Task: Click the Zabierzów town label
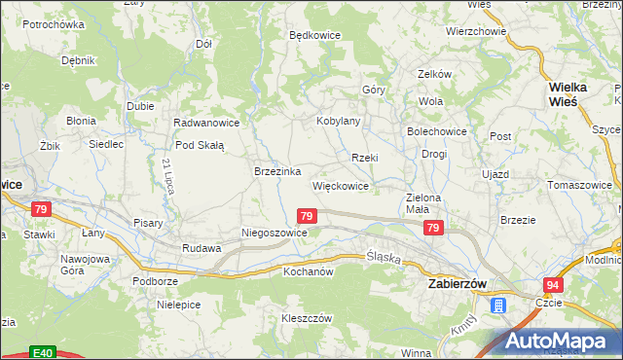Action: pos(458,283)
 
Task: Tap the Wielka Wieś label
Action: pos(563,93)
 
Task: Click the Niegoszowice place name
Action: pos(275,234)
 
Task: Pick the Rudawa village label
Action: pos(202,248)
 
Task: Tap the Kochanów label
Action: pos(309,271)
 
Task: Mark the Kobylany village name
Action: pos(339,122)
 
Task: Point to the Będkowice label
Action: pos(314,35)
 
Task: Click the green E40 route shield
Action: pos(41,352)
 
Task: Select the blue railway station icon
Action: pos(498,306)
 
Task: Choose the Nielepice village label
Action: pos(178,305)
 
